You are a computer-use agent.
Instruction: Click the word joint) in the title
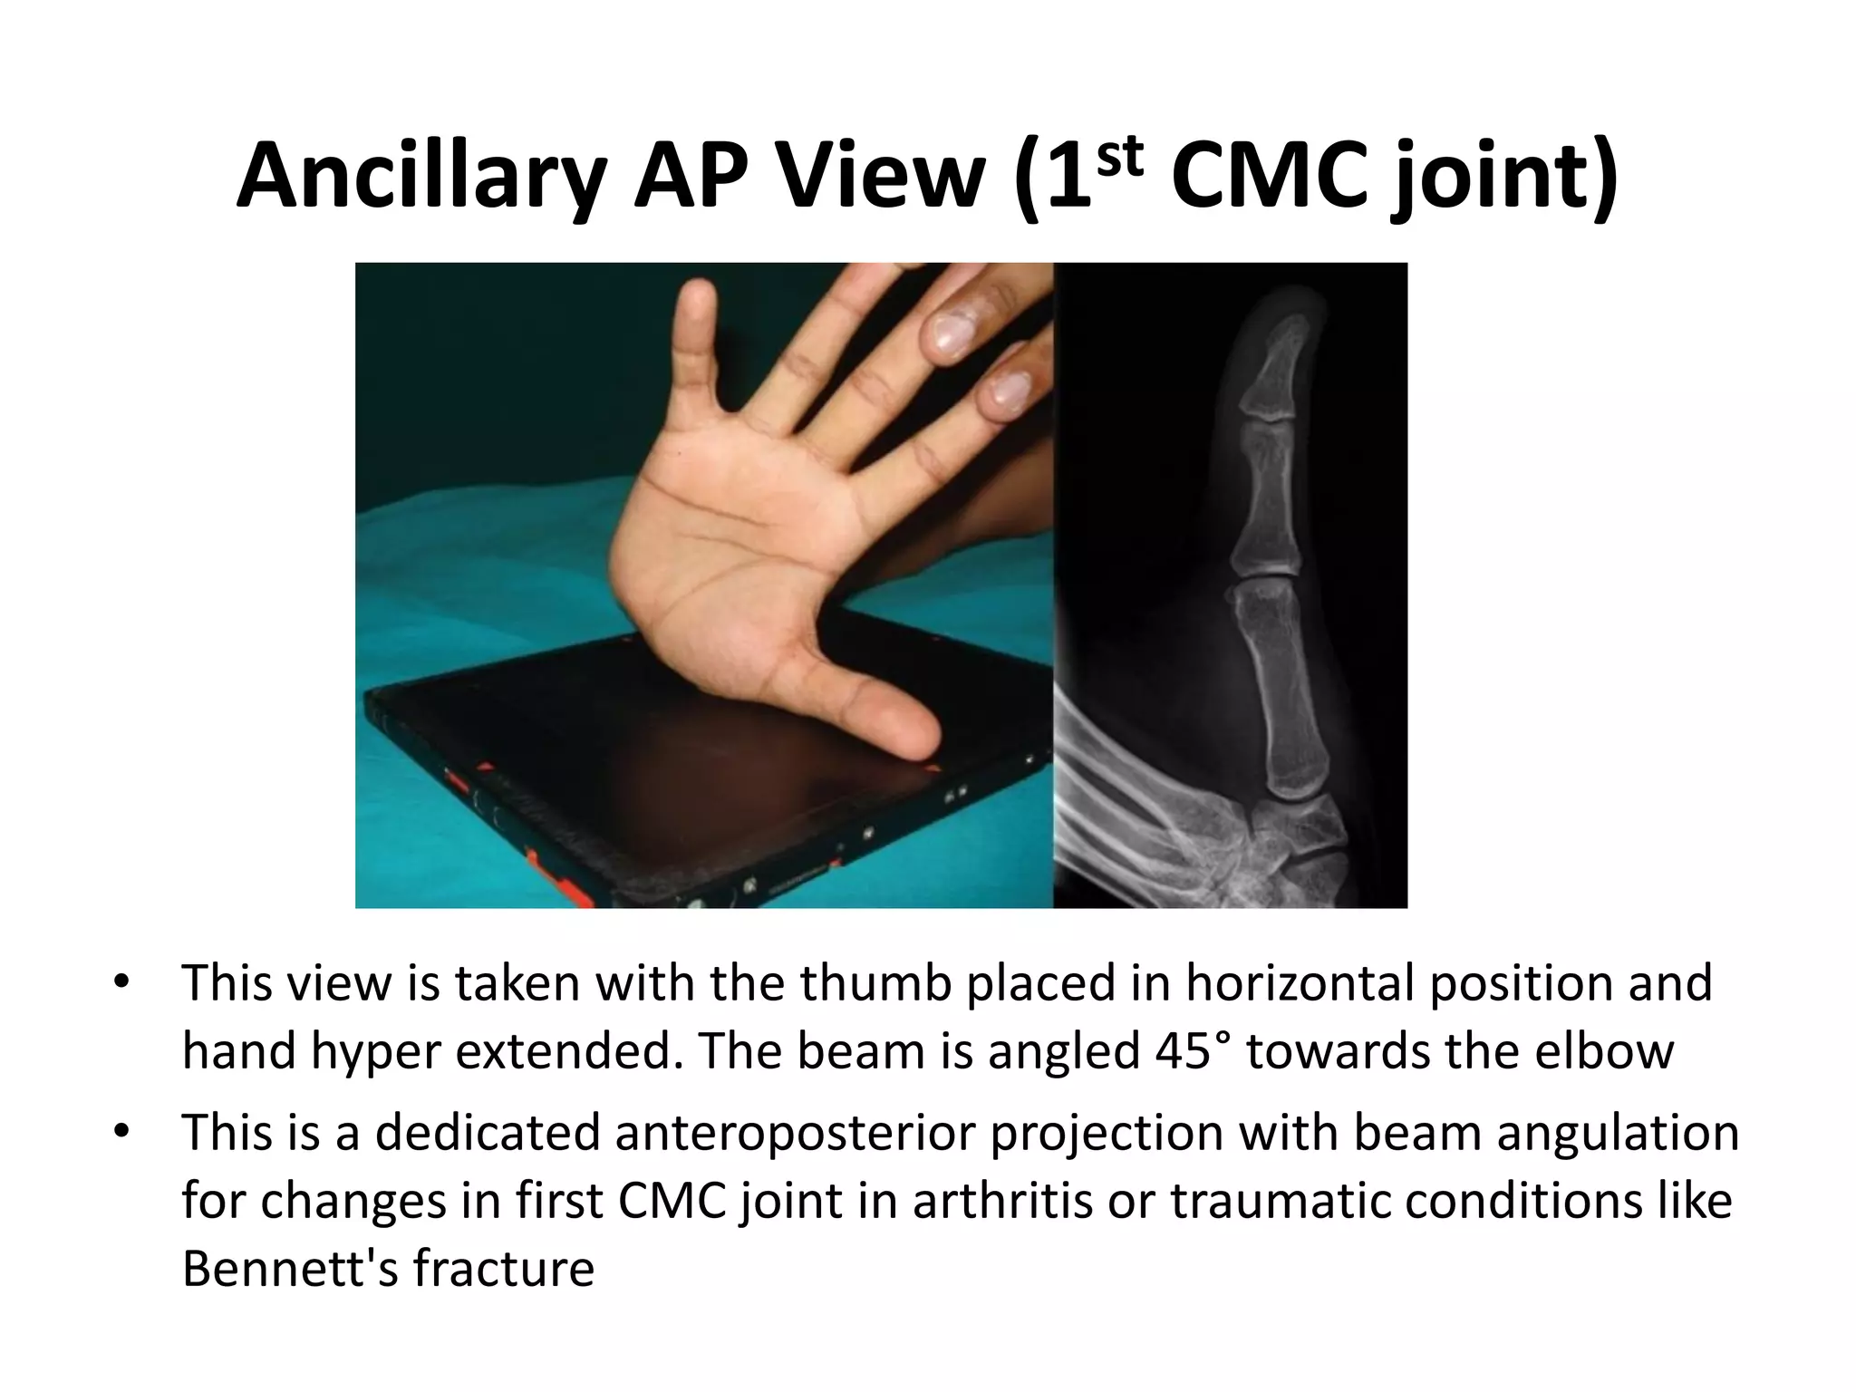pyautogui.click(x=1505, y=177)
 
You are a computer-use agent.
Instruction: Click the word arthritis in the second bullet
pyautogui.click(x=1032, y=1202)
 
